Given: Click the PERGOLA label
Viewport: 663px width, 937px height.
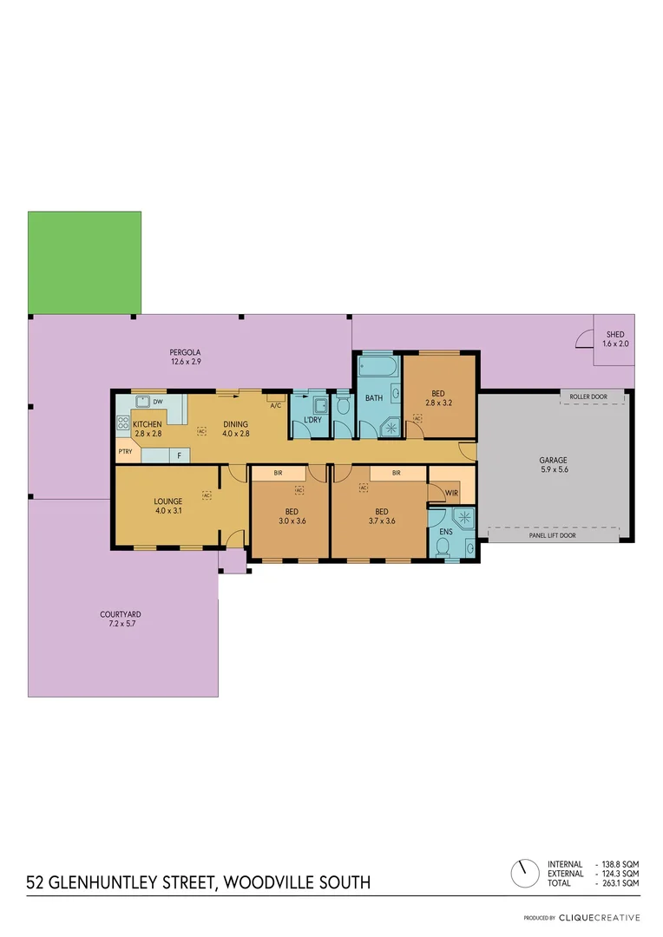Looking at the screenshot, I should [x=186, y=352].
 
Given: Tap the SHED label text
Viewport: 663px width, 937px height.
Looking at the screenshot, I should [x=614, y=334].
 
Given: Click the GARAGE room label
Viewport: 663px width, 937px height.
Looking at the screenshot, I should [x=553, y=461].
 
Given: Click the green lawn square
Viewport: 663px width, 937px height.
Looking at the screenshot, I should [x=84, y=262].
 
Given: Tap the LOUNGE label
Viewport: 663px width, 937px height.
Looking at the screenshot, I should [x=167, y=501].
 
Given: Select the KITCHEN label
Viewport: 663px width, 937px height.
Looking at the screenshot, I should [x=147, y=424].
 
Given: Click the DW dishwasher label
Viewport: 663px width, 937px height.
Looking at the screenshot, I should [x=157, y=403].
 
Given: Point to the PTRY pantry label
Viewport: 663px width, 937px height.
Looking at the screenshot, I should [x=126, y=451].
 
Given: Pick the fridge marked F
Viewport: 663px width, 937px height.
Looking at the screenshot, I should [x=180, y=455].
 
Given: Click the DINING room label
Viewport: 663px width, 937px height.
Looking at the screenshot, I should [x=235, y=424].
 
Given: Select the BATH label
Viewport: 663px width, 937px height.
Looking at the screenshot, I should [x=374, y=398].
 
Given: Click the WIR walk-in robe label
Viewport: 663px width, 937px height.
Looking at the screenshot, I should [x=451, y=493].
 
